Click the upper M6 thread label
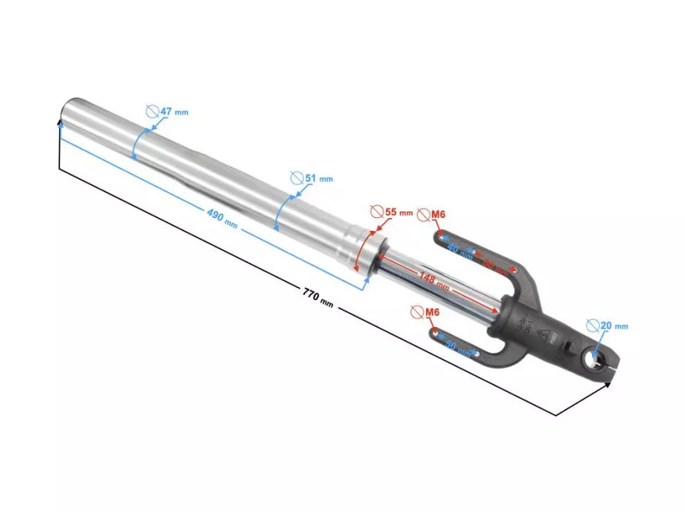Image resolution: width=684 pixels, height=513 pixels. coord(436,213)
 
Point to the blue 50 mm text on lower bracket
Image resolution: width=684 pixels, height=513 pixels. coord(458,348)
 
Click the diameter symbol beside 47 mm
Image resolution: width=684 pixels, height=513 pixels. coord(152,111)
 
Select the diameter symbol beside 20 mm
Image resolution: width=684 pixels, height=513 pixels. coord(592,325)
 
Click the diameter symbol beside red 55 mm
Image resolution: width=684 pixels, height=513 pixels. coord(377,212)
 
